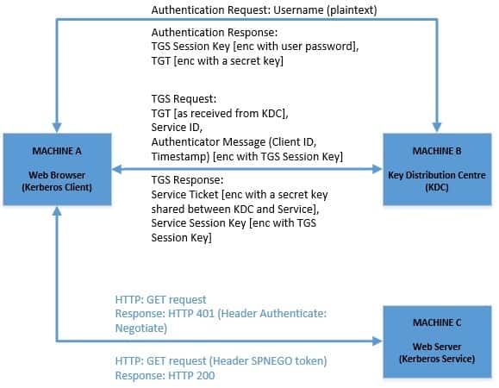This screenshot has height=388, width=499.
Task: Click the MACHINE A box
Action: (x=56, y=169)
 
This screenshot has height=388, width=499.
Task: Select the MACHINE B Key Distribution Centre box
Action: (x=436, y=169)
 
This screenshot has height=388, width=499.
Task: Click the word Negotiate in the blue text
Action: (x=141, y=329)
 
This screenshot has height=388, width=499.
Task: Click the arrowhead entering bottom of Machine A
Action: (x=56, y=212)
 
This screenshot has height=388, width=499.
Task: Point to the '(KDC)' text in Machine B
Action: (x=436, y=188)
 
